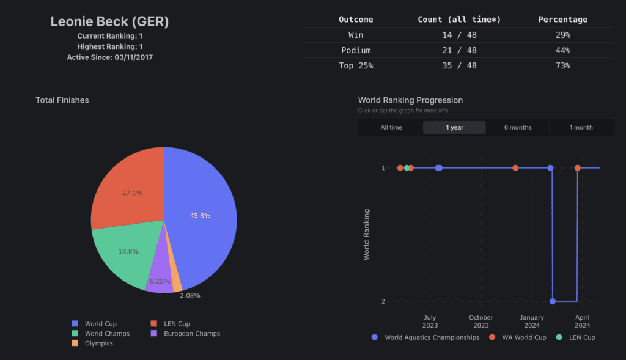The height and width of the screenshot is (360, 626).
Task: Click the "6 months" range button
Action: click(518, 127)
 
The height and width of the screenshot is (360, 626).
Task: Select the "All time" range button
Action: click(391, 127)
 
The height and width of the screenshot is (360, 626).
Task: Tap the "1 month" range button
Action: click(581, 127)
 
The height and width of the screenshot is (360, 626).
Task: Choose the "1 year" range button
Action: click(454, 127)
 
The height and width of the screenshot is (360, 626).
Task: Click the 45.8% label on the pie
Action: click(200, 215)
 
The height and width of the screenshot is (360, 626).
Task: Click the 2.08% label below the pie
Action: click(190, 295)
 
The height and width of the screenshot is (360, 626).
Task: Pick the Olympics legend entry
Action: click(98, 343)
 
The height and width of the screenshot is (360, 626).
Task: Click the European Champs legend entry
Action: click(191, 334)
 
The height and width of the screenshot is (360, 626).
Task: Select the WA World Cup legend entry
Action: click(523, 337)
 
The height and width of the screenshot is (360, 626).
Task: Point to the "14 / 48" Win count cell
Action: click(459, 35)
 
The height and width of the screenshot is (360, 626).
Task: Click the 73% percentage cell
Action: click(562, 65)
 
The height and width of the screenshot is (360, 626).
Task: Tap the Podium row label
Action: click(356, 50)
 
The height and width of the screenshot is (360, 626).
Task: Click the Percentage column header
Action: click(562, 20)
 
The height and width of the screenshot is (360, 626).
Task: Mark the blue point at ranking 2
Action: click(553, 301)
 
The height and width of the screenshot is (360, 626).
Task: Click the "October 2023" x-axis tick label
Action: click(481, 321)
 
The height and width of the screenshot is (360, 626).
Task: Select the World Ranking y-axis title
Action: click(367, 234)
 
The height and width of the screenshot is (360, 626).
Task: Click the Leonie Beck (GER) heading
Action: click(109, 21)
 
